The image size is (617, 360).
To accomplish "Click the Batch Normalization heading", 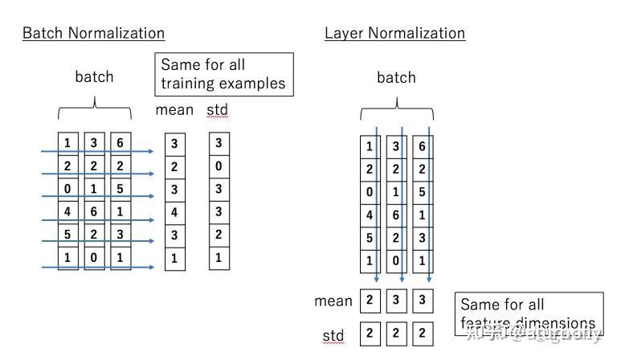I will coord(93,33).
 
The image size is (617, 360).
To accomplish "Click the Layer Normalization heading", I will coord(394,33).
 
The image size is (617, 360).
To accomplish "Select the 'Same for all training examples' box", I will coord(223,74).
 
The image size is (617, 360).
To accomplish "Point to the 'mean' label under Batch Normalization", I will coord(174,109).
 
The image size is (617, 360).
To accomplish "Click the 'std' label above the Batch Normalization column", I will coord(218,109).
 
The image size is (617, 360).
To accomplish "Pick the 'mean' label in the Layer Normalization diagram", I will coord(333,301).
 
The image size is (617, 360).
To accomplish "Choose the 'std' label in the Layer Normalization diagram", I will coord(333,336).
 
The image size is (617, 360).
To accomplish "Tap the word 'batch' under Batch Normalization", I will coord(94,77).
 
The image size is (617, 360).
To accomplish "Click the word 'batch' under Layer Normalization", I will coord(396,78).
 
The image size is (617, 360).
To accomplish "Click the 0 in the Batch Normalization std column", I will coord(219,167).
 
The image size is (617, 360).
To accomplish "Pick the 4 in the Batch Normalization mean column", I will coord(175,213).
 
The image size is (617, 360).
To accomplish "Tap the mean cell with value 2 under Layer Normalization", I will coord(370,301).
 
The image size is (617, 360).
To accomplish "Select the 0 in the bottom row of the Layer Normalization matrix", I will coord(395,261).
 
